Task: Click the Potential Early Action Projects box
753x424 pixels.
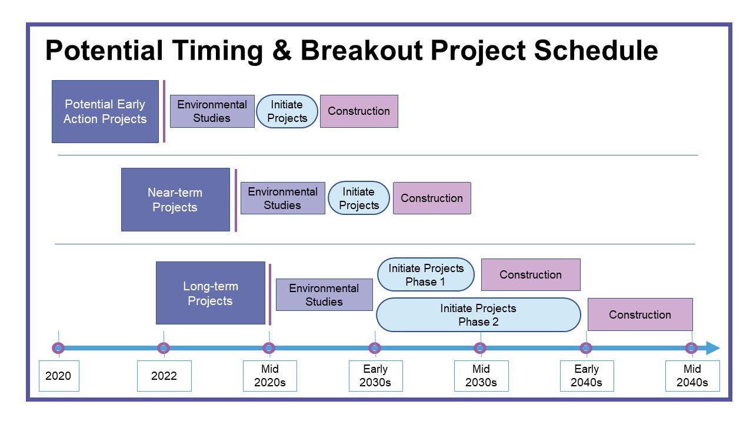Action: click(x=105, y=111)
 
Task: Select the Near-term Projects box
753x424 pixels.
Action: click(x=175, y=200)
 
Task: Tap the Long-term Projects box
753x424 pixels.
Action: click(x=211, y=293)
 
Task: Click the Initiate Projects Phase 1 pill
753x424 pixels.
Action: click(x=426, y=274)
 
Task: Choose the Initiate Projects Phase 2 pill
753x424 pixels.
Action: click(x=478, y=314)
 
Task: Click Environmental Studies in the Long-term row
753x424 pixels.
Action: click(x=324, y=295)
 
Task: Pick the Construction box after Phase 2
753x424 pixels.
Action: click(x=640, y=314)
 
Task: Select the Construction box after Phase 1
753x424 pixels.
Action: click(x=531, y=274)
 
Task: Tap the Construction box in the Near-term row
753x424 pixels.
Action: click(x=432, y=198)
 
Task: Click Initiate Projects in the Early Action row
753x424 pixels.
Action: click(x=286, y=111)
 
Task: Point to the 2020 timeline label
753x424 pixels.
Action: click(x=59, y=376)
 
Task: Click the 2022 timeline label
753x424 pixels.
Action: click(x=164, y=376)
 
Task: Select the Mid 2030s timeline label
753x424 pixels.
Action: click(x=481, y=376)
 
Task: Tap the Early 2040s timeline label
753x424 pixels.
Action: click(x=587, y=376)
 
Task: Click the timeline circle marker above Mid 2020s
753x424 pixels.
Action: click(x=269, y=348)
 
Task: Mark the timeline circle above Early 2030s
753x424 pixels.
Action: click(x=375, y=348)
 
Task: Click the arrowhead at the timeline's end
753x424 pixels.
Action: click(x=712, y=348)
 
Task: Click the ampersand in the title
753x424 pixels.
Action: click(x=282, y=51)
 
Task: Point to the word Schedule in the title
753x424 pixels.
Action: click(x=596, y=50)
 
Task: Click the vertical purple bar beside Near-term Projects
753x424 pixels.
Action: click(x=236, y=200)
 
